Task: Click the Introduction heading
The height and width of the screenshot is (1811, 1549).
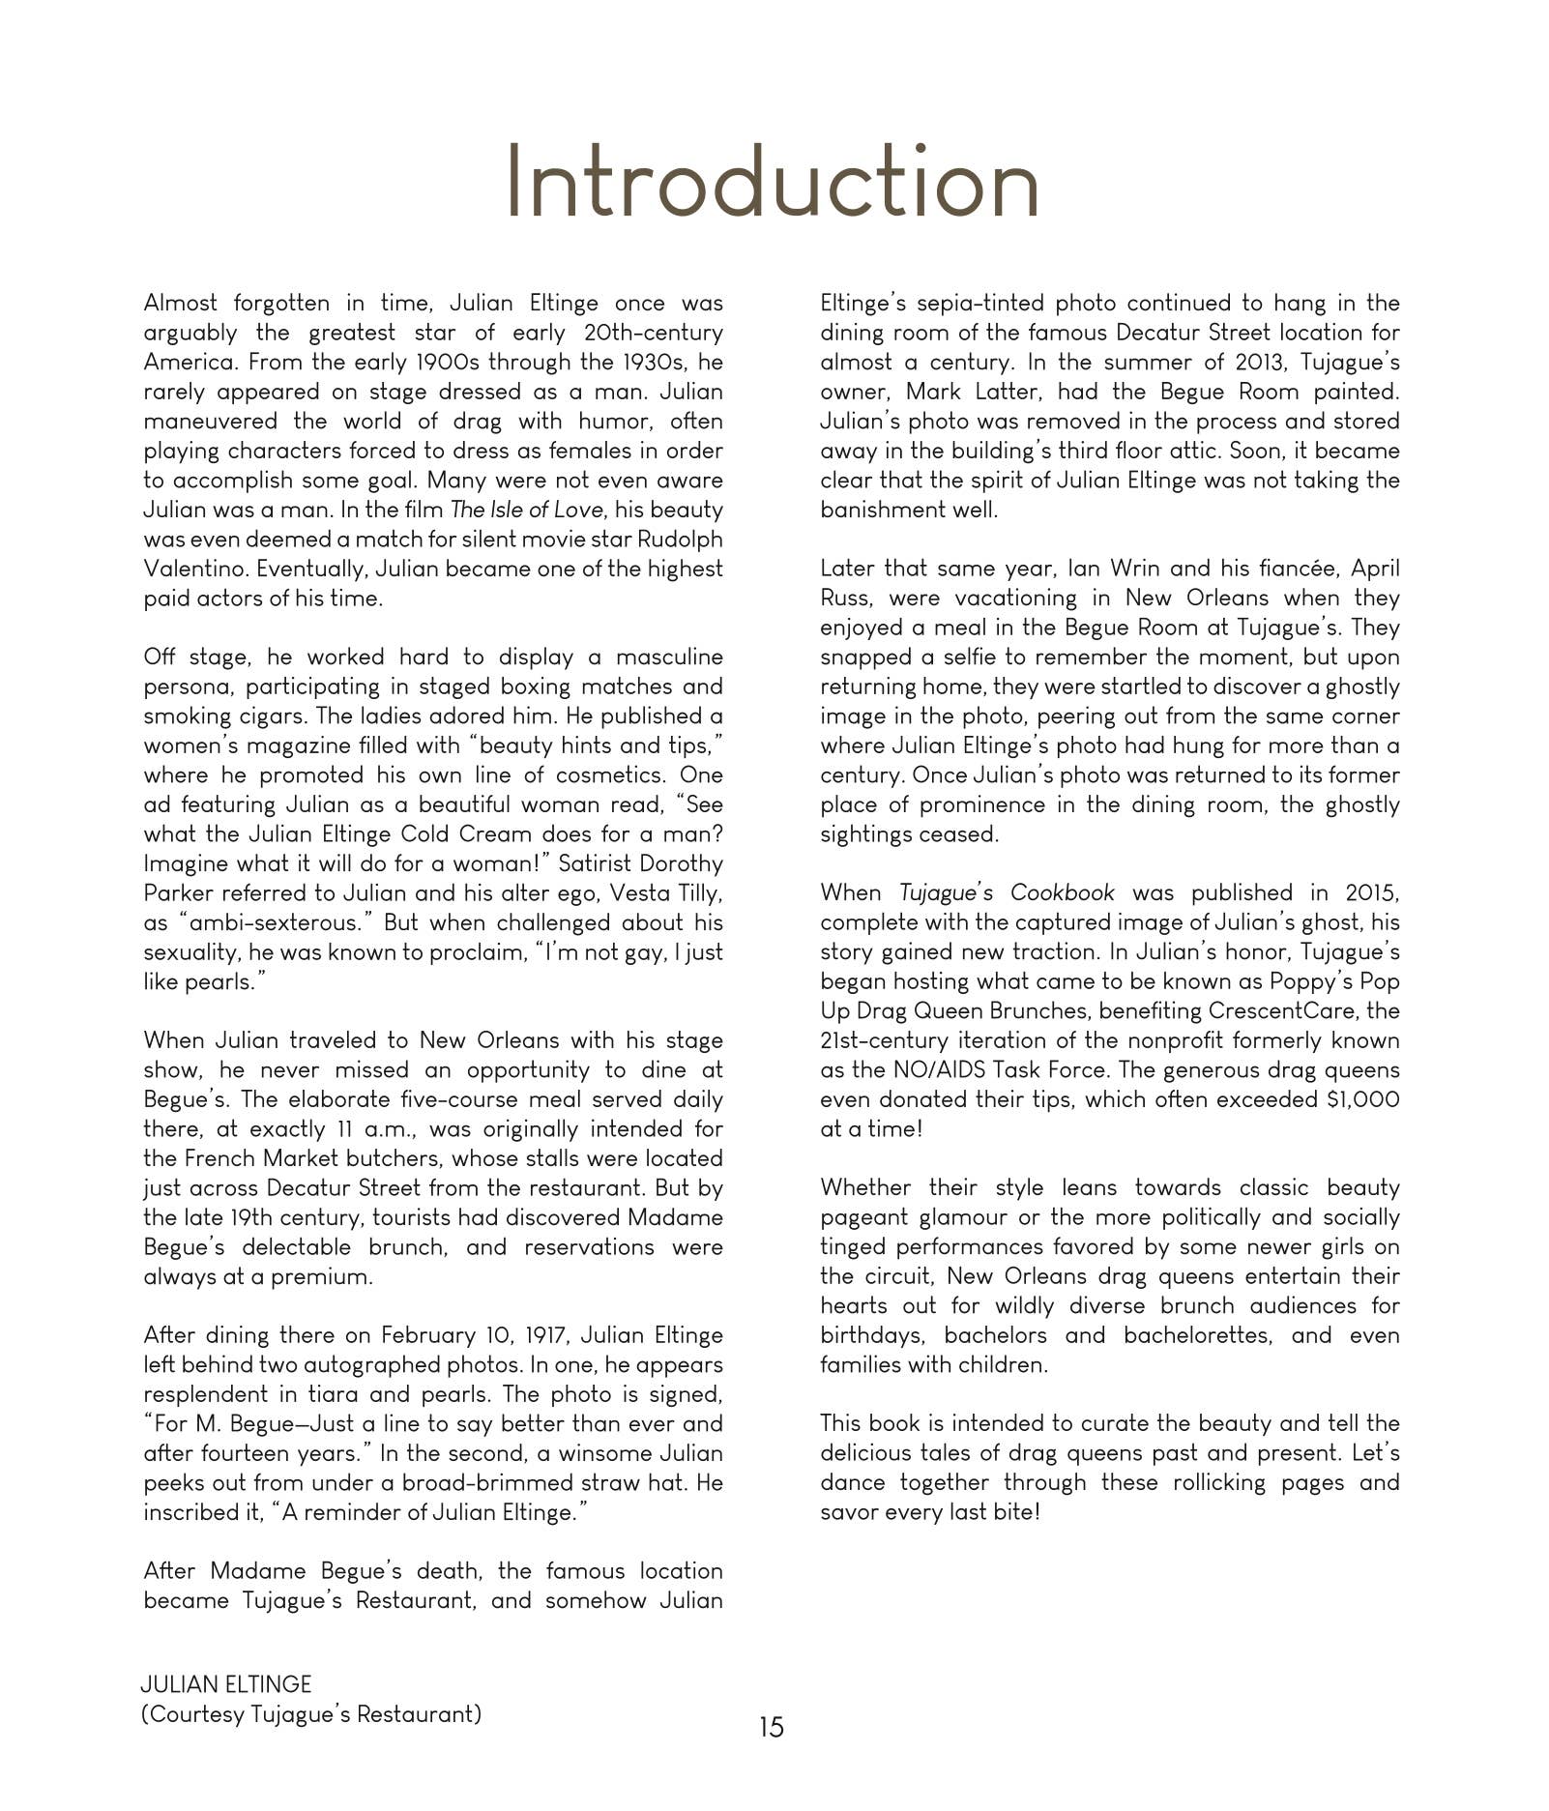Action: tap(773, 183)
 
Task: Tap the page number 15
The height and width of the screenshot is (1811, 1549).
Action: tap(772, 1727)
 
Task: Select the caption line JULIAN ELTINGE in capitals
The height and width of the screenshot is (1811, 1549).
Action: tap(226, 1684)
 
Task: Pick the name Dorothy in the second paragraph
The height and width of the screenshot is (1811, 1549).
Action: tap(681, 863)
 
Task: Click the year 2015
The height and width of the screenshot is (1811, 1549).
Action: tap(1371, 892)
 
